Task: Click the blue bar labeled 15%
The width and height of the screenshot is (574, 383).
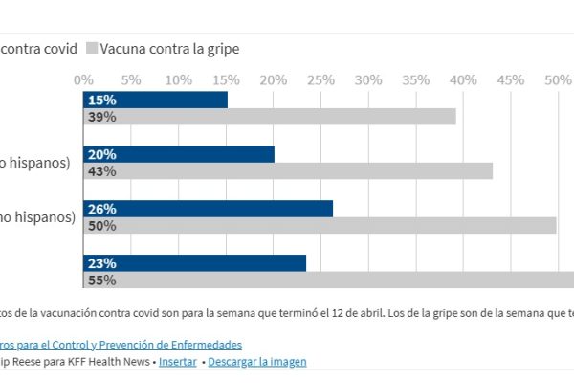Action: tap(155, 100)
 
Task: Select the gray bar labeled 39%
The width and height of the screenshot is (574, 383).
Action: tap(270, 117)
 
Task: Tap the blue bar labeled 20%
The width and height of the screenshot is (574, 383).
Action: tap(179, 154)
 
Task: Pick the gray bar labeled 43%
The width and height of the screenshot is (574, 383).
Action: tap(288, 171)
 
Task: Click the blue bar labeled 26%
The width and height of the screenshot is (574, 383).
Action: tap(208, 209)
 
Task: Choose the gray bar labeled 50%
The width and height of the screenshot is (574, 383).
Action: tap(320, 226)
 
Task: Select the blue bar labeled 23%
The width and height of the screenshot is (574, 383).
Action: tap(194, 263)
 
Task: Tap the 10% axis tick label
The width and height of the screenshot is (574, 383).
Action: tap(179, 78)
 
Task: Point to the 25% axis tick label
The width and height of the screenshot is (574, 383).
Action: tap(321, 78)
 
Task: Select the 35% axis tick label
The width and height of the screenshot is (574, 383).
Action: tap(416, 78)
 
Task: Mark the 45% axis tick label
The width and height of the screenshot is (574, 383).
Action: tap(511, 78)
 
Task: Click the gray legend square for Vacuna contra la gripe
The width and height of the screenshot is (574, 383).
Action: tap(92, 48)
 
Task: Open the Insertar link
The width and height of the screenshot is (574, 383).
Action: tap(178, 362)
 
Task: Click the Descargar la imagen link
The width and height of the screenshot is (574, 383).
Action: tap(256, 362)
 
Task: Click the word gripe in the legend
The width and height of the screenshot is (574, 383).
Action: tap(221, 48)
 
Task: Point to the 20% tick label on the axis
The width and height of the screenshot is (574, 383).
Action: tap(274, 78)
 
